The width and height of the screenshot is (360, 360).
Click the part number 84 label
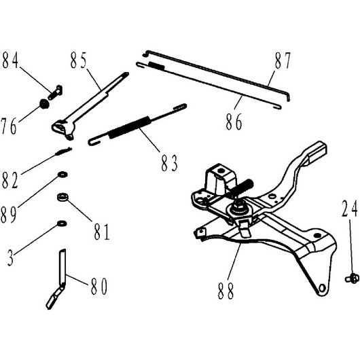pos(10,60)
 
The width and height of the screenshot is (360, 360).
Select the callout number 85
pos(79,60)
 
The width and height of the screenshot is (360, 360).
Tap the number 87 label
pos(283,60)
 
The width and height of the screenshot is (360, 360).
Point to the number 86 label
pos(234,122)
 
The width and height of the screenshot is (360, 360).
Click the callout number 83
pos(169,163)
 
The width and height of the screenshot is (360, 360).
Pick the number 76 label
pos(9,126)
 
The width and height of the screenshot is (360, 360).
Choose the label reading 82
pos(10,181)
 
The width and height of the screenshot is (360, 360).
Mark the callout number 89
pos(9,215)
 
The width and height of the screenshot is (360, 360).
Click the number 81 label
pos(102,232)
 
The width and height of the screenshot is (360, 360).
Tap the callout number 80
pos(98,286)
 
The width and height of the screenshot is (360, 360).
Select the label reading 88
pos(226,291)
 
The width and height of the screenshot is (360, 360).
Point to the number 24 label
pos(350,209)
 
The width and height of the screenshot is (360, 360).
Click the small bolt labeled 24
pos(352,278)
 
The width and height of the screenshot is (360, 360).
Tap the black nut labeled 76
pos(44,104)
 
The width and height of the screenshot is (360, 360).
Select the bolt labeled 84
pos(55,92)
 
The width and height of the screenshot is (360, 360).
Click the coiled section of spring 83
pos(130,127)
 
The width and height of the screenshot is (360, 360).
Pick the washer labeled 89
pos(62,175)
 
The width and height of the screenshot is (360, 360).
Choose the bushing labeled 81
pos(62,198)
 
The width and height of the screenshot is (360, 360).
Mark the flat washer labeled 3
pos(62,223)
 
